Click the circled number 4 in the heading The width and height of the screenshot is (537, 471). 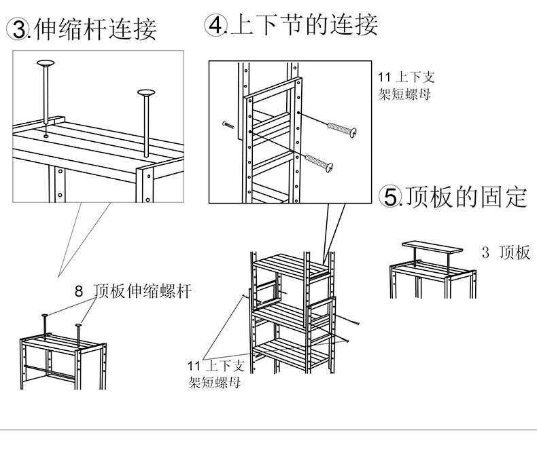(216, 25)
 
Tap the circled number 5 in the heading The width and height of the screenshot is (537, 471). (391, 197)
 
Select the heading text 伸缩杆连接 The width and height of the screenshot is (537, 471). (95, 29)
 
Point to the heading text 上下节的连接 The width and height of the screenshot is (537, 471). (305, 25)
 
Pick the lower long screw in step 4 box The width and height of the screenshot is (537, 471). (319, 162)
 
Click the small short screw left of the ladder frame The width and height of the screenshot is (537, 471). (228, 124)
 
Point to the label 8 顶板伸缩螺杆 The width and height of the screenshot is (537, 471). (133, 292)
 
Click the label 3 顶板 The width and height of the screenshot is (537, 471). (506, 253)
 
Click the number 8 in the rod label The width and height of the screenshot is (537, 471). (78, 293)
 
